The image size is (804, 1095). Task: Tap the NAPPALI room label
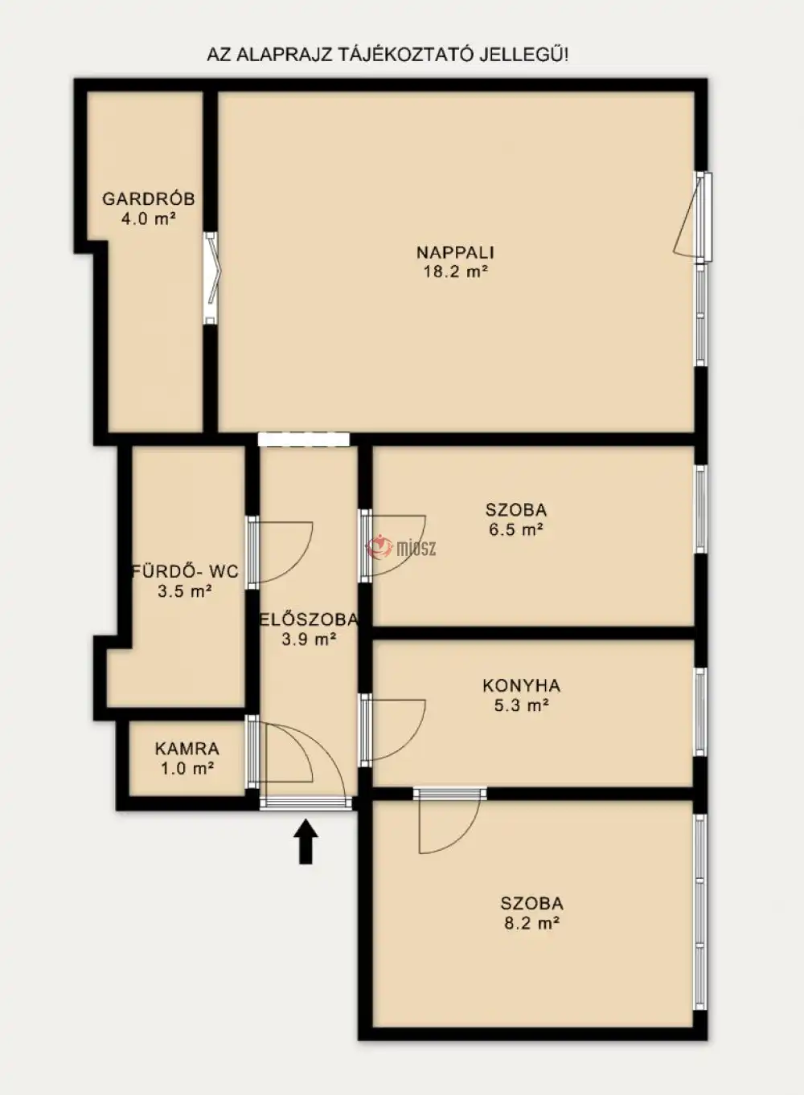456,253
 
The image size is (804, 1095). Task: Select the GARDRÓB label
149,199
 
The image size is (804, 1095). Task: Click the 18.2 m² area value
456,272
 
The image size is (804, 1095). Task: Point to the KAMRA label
187,749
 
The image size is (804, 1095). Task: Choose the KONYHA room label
522,685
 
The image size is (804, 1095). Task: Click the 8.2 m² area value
532,923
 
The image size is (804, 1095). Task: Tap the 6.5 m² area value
516,529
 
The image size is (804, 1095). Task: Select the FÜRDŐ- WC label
185,571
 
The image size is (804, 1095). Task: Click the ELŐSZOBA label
308,620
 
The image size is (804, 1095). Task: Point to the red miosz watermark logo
401,548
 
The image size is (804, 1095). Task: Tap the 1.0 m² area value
187,769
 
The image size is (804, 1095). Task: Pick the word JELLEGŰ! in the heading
524,55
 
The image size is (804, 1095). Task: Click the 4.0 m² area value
149,218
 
